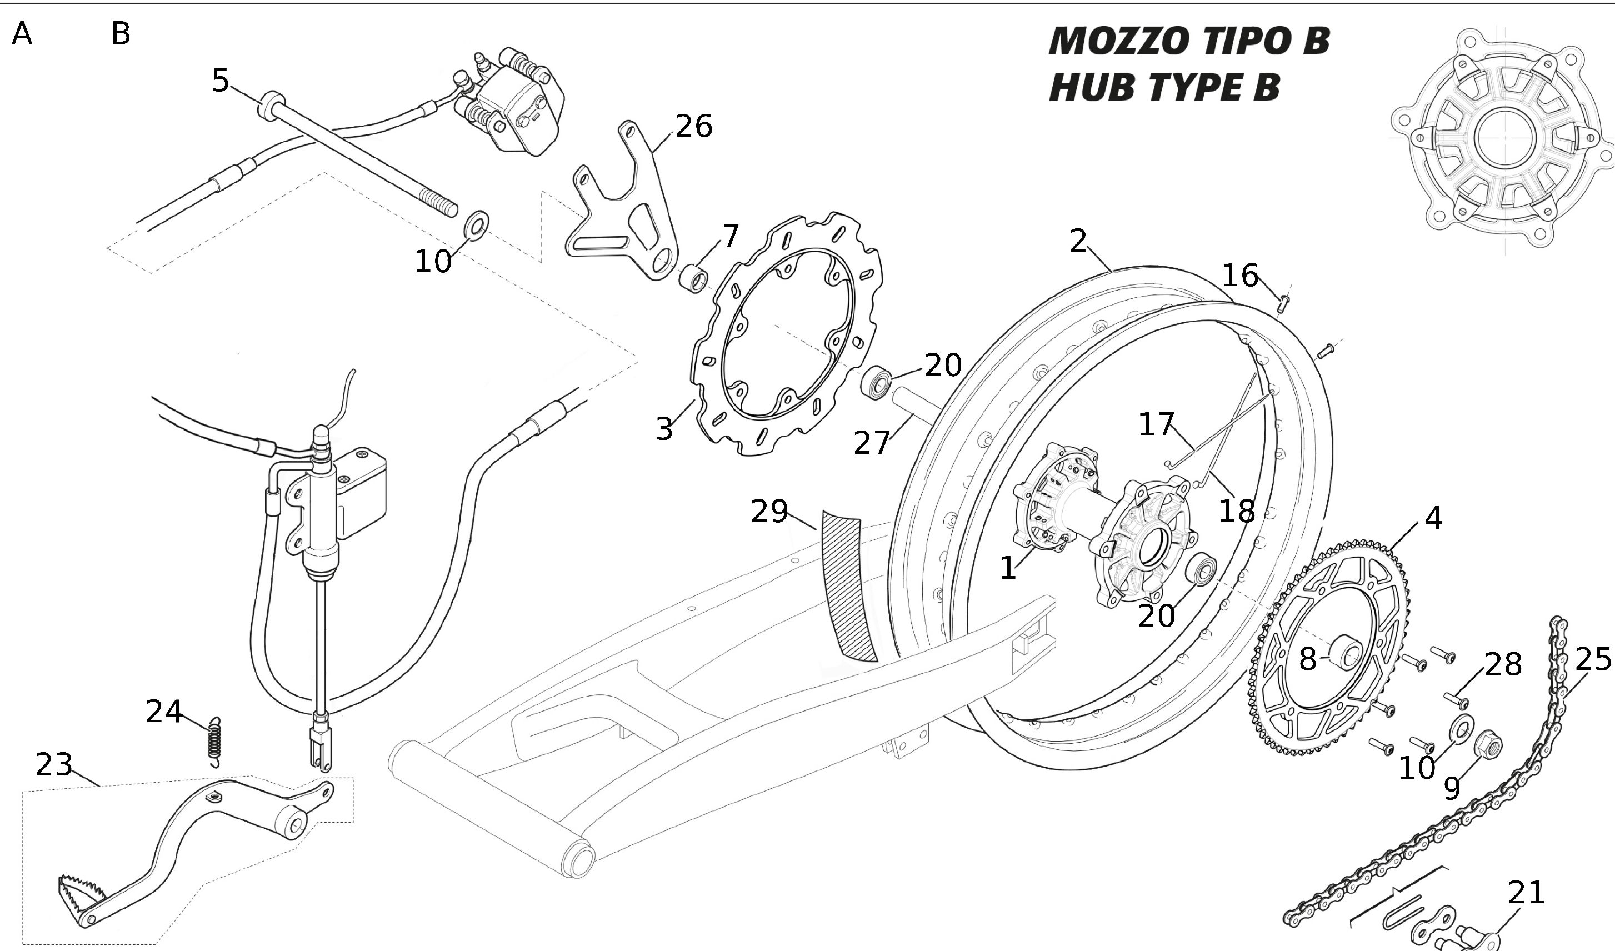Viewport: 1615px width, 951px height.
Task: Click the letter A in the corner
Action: click(22, 33)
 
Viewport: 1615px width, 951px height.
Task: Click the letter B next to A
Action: click(121, 33)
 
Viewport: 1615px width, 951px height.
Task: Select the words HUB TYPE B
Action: click(1164, 87)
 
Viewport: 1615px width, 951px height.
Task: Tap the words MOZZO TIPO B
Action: click(1189, 41)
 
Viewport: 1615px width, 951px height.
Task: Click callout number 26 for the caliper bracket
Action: click(693, 126)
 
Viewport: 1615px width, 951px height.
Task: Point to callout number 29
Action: click(769, 512)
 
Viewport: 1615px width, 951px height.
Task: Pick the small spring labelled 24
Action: click(216, 742)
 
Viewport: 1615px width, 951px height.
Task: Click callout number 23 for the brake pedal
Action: click(54, 764)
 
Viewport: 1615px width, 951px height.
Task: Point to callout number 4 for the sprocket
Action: click(1433, 518)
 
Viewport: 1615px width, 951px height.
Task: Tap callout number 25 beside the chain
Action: click(1593, 659)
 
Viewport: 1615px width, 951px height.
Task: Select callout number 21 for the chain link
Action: click(1526, 893)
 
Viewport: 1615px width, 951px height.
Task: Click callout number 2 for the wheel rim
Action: click(1078, 241)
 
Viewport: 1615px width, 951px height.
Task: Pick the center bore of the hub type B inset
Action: click(1503, 137)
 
